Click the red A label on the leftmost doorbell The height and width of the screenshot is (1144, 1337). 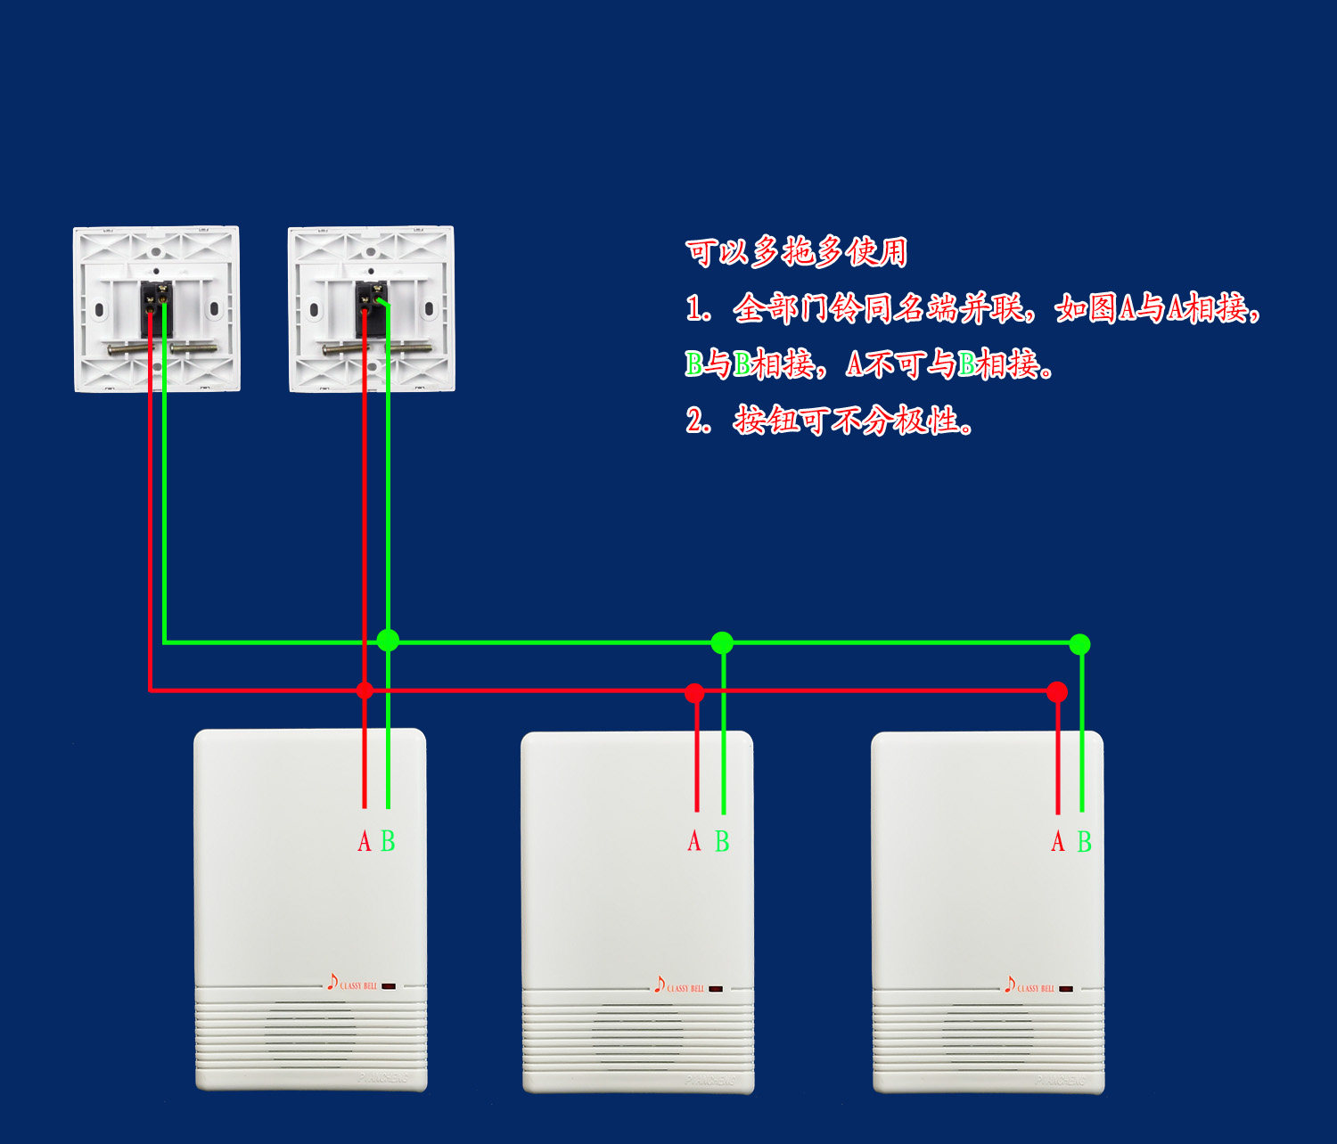click(364, 841)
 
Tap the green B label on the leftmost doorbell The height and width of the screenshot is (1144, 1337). click(388, 841)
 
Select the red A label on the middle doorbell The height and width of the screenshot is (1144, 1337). click(694, 841)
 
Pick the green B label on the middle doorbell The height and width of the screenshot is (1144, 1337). click(722, 841)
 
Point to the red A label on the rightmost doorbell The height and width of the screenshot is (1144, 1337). click(1058, 841)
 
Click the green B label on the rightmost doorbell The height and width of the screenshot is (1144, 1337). click(1084, 841)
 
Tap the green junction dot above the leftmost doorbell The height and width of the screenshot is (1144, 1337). click(388, 640)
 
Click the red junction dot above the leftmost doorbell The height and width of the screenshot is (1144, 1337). click(365, 690)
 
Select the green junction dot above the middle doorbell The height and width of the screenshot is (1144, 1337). click(722, 642)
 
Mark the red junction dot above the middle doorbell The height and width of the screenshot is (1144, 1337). click(695, 692)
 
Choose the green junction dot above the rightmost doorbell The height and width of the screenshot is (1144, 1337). click(1079, 643)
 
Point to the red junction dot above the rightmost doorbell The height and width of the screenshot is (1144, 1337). click(1057, 691)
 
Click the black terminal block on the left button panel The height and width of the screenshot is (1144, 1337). click(156, 306)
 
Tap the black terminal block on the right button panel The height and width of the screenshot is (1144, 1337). click(371, 307)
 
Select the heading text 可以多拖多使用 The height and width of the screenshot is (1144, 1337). click(796, 252)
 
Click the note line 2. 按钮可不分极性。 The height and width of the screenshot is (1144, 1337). click(829, 420)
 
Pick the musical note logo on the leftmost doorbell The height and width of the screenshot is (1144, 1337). click(332, 982)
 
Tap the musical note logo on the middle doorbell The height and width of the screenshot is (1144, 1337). click(660, 985)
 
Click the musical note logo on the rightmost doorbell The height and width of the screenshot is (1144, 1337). click(1010, 985)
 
